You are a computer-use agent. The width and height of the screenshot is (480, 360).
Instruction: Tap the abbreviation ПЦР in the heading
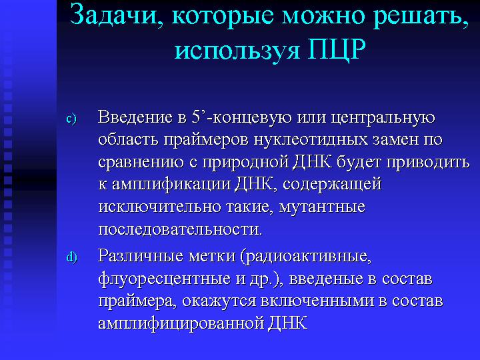click(337, 49)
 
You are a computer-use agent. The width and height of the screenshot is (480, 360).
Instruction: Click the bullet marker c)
click(71, 119)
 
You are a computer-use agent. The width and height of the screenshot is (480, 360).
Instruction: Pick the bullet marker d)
click(71, 257)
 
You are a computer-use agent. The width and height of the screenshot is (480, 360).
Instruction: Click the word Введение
click(135, 117)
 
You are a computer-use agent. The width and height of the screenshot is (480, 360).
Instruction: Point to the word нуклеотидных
click(311, 140)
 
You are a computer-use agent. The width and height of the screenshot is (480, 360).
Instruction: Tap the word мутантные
click(322, 207)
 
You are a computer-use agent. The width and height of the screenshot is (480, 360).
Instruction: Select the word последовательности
click(180, 229)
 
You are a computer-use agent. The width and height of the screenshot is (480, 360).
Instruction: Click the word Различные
click(141, 255)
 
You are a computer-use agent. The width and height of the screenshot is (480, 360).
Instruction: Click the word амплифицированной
click(181, 324)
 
